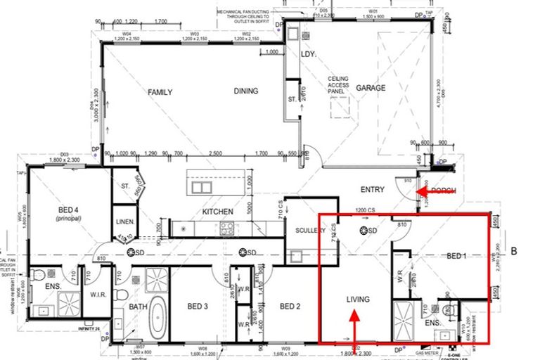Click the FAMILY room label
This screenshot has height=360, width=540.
[x=160, y=92]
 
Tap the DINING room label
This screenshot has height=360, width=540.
[x=246, y=91]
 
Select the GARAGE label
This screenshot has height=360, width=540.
[x=370, y=88]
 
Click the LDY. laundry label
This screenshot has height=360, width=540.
[x=307, y=53]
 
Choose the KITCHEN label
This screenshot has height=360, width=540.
[x=217, y=212]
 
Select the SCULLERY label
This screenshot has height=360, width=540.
[x=310, y=230]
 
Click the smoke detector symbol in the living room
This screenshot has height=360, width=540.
[x=364, y=231]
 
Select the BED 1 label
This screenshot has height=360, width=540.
[x=456, y=257]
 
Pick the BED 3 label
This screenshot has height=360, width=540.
[x=198, y=306]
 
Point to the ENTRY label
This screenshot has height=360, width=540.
[x=372, y=189]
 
